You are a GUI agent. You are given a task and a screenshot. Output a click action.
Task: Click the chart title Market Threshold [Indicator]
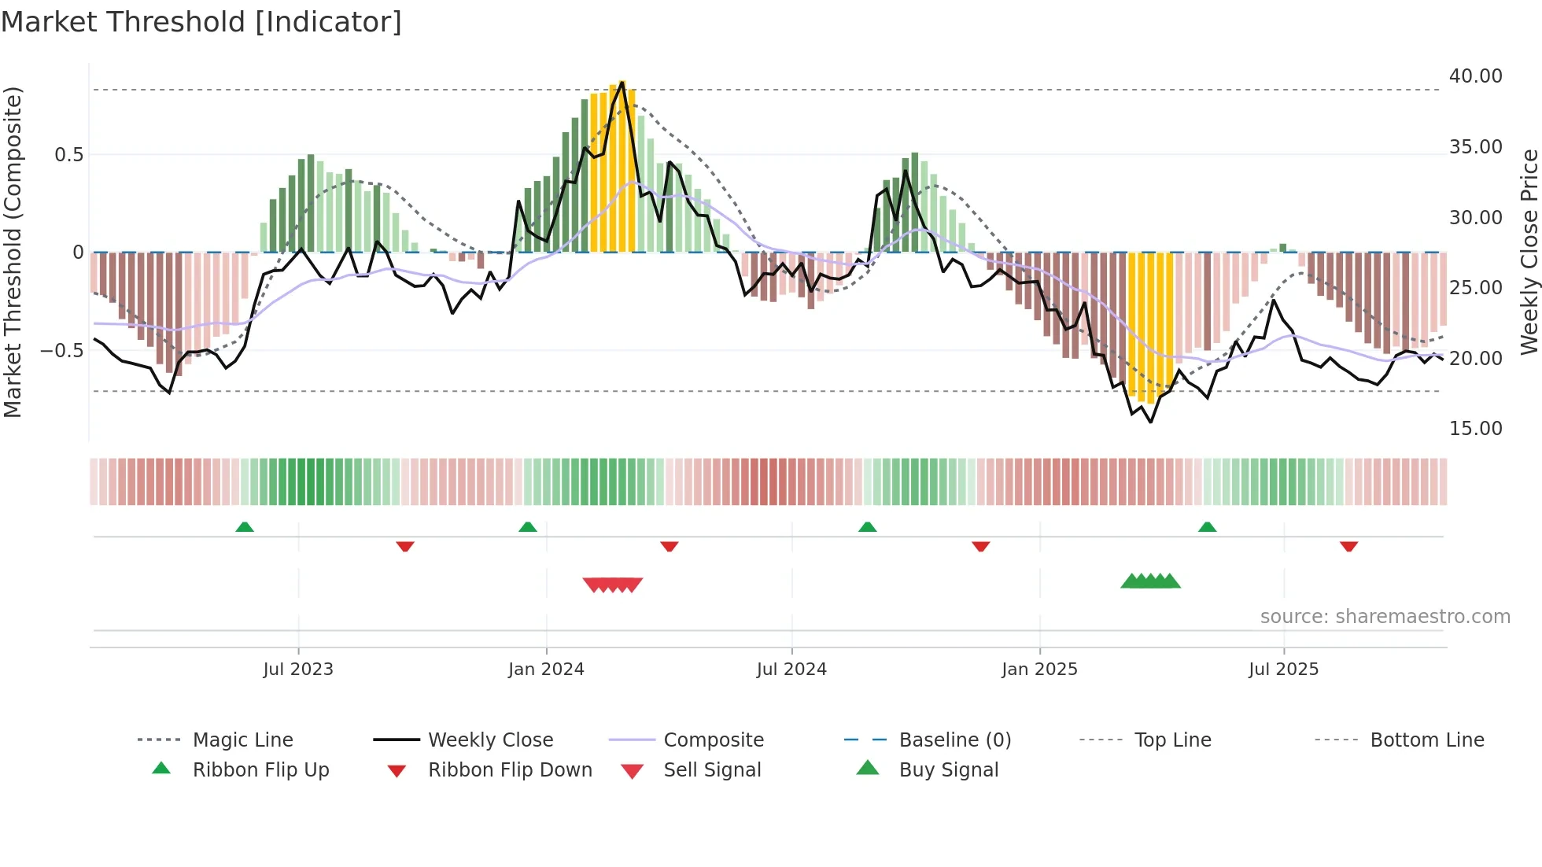click(x=201, y=21)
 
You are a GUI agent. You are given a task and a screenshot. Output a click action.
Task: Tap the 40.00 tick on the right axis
click(x=1475, y=76)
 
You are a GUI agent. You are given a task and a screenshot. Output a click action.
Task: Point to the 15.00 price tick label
click(x=1475, y=429)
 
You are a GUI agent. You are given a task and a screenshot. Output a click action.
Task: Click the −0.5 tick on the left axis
click(x=61, y=351)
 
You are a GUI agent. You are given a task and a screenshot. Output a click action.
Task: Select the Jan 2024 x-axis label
click(x=546, y=670)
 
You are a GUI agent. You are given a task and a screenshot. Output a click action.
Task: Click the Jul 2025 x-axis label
click(x=1283, y=670)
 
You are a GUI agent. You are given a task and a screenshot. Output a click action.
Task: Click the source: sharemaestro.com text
click(x=1385, y=617)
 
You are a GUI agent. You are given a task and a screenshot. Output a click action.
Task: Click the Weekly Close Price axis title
click(x=1529, y=252)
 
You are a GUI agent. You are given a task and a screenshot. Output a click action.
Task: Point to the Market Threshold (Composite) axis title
click(x=13, y=252)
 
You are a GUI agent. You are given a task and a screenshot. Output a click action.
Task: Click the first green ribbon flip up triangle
click(x=245, y=527)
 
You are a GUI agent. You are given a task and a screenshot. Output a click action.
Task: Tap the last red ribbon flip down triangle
click(x=1348, y=546)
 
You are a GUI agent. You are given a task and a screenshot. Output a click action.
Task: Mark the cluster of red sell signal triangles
click(x=613, y=585)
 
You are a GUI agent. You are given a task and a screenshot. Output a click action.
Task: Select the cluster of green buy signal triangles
click(x=1150, y=581)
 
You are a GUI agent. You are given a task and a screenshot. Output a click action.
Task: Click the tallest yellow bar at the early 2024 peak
click(x=622, y=165)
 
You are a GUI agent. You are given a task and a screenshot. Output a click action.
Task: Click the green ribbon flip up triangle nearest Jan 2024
click(x=528, y=527)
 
